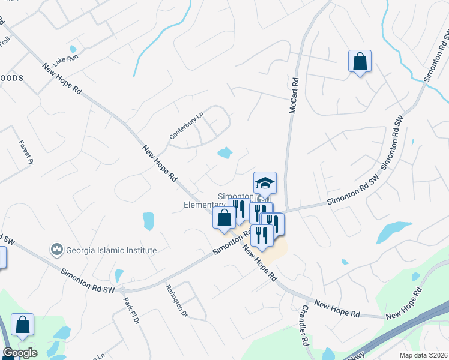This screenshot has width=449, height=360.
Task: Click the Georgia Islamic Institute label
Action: (111, 250)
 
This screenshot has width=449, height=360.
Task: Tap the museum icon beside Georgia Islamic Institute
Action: (57, 248)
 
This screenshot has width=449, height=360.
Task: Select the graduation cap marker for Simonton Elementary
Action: (265, 182)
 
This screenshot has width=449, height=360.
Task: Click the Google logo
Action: (20, 353)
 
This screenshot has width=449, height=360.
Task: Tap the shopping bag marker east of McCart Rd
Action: (360, 62)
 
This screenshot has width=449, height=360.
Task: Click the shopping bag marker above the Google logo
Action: (22, 325)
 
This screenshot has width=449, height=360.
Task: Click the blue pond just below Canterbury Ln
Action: (224, 153)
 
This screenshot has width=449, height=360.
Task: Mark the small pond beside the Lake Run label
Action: (73, 49)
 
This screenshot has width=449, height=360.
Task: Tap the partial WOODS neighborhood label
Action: (11, 78)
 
